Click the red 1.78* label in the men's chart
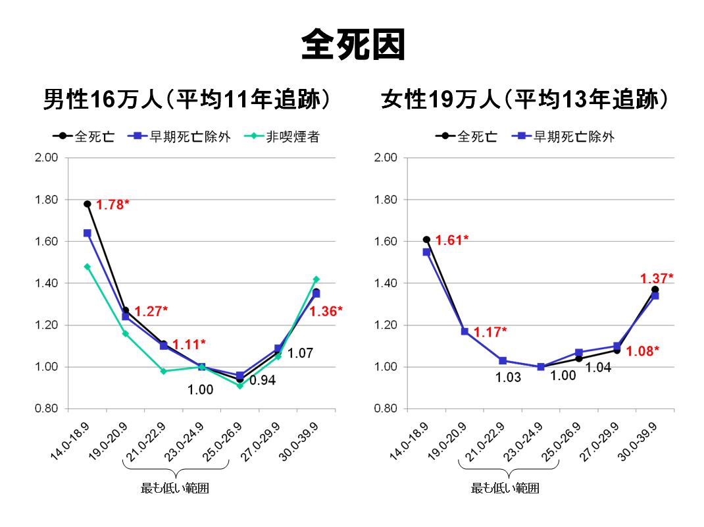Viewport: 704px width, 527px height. coord(113,205)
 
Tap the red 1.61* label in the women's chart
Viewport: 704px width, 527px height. coord(452,240)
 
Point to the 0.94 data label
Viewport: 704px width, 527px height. coord(262,381)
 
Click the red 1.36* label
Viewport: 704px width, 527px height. coord(326,311)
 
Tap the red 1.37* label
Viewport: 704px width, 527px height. coord(657,279)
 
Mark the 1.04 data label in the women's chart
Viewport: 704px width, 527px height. coord(598,368)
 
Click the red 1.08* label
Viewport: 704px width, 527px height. coord(642,351)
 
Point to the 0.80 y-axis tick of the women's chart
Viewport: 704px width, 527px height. coord(386,409)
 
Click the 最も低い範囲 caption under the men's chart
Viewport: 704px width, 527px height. coord(176,488)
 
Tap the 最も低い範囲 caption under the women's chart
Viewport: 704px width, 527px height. coord(505,488)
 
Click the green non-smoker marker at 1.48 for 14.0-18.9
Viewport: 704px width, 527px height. coord(87,267)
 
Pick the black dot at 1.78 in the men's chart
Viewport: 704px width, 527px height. coord(87,204)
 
